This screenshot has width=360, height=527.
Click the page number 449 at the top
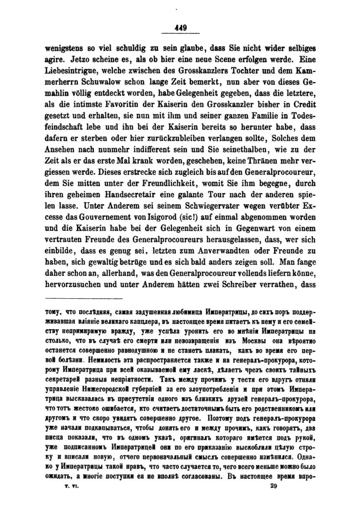point(180,27)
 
